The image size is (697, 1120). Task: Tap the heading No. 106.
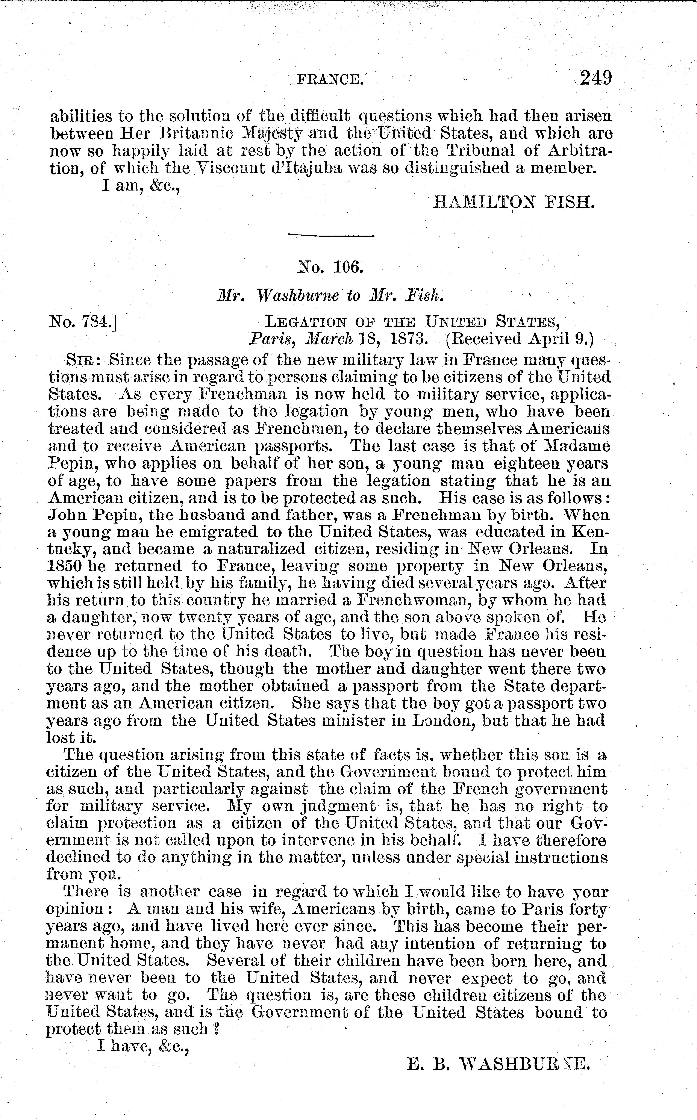click(331, 267)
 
